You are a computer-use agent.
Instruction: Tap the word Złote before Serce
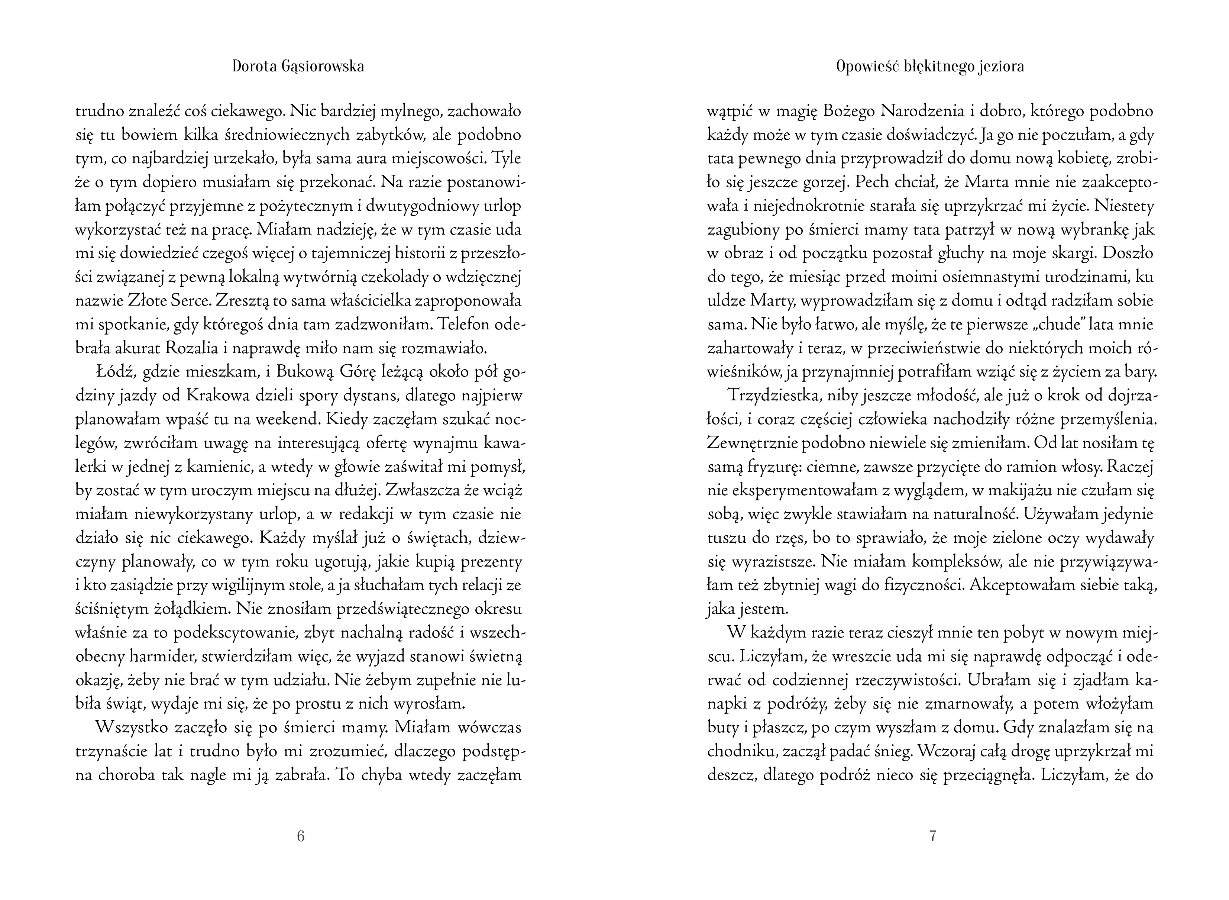point(151,300)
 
